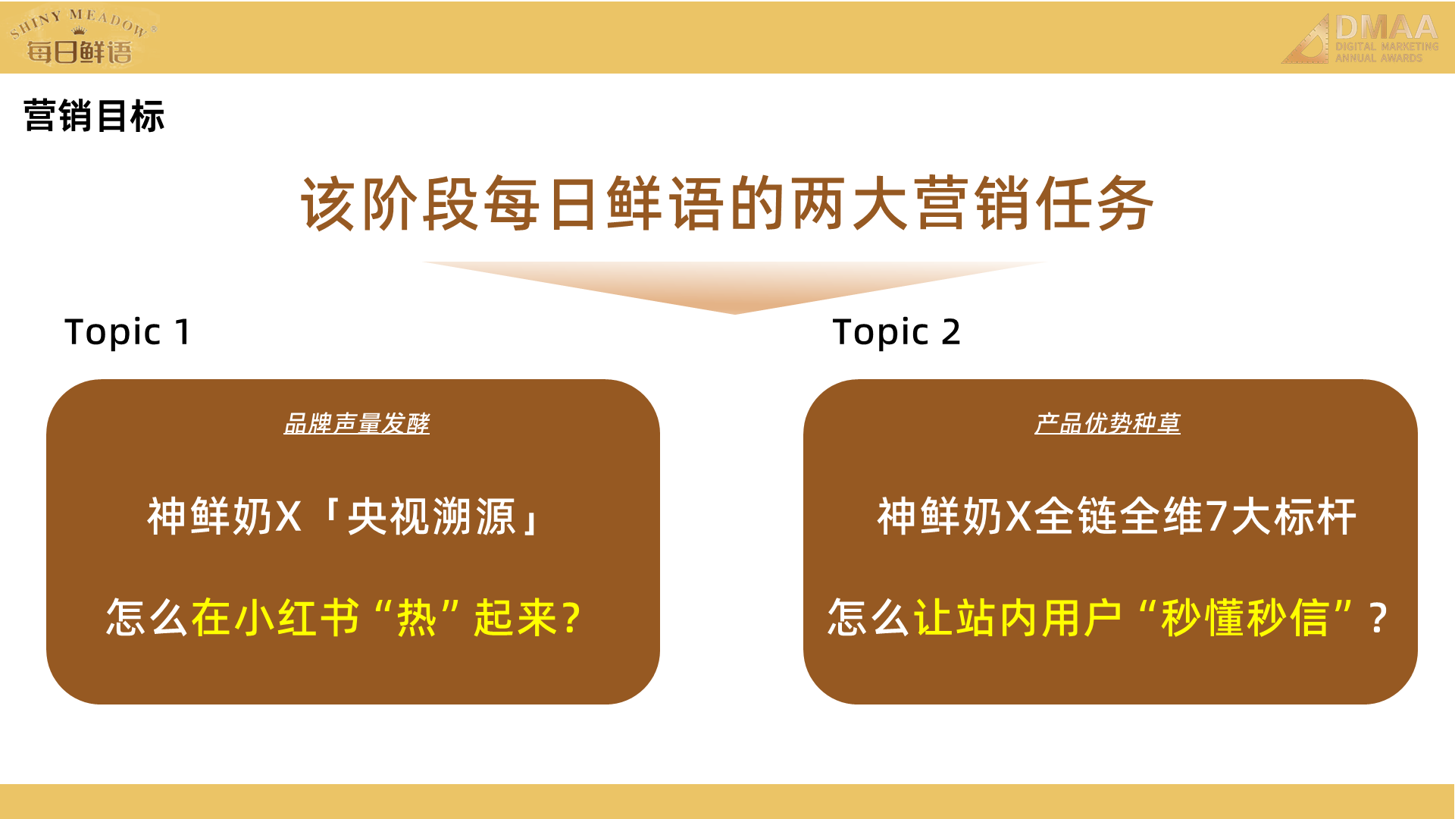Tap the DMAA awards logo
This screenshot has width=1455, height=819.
click(x=1360, y=39)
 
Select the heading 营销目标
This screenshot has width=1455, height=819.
click(x=94, y=117)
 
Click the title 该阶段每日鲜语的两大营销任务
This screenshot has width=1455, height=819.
click(x=727, y=203)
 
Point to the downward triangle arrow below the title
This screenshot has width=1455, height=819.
click(x=734, y=287)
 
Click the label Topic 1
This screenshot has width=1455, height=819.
click(x=127, y=332)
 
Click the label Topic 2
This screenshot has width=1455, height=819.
click(x=896, y=332)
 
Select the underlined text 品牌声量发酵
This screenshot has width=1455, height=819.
click(x=356, y=423)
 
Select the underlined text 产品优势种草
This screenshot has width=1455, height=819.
click(x=1107, y=423)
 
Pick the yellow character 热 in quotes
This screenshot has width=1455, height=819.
click(x=417, y=617)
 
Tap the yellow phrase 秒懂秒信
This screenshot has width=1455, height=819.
click(x=1245, y=617)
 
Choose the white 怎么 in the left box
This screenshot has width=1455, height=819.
click(x=147, y=617)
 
